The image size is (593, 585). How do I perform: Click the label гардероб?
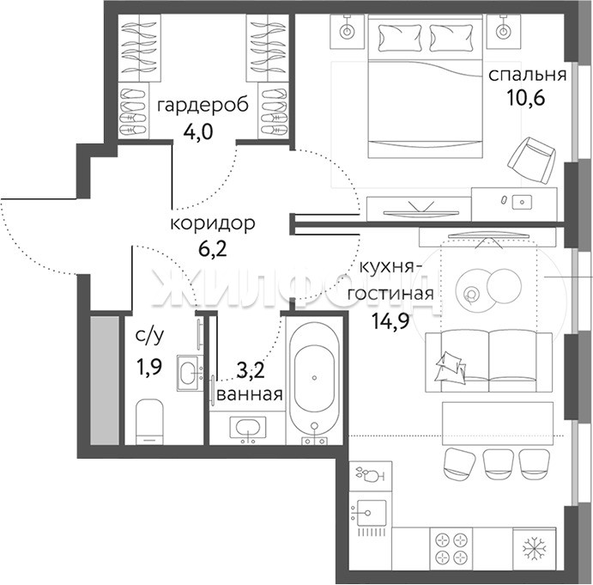click(x=203, y=106)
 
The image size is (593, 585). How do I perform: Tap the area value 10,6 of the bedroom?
click(x=526, y=98)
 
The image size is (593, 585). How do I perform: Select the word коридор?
click(x=213, y=223)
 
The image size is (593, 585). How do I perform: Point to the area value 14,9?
click(x=390, y=321)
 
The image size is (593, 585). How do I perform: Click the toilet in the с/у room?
click(x=149, y=422)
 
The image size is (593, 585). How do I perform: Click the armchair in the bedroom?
click(x=531, y=161)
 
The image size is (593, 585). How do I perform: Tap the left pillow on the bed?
click(x=401, y=38)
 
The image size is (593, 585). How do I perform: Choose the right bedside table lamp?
click(x=503, y=32)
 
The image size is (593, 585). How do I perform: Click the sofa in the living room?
click(x=488, y=362)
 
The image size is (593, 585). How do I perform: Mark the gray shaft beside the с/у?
click(x=105, y=381)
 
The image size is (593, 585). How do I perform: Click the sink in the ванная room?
click(x=248, y=429)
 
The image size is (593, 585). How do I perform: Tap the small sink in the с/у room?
click(x=188, y=374)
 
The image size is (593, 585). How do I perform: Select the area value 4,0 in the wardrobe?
click(x=198, y=131)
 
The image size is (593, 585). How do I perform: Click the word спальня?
click(x=528, y=76)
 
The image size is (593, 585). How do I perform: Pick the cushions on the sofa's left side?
click(x=451, y=366)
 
